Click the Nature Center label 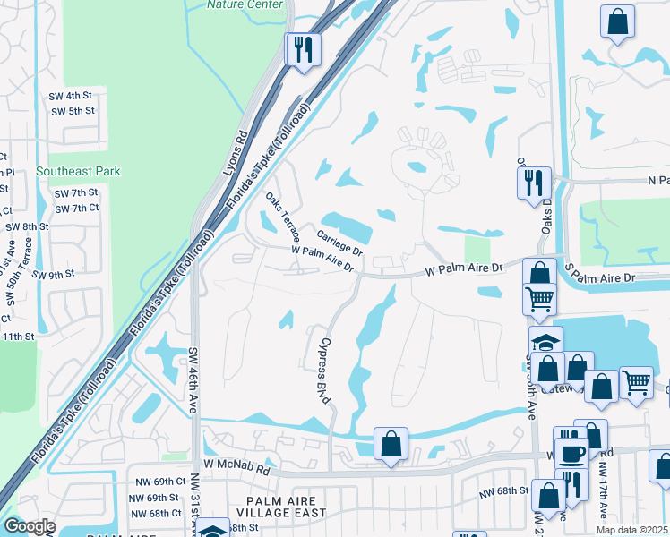245,4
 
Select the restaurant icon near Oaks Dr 536,183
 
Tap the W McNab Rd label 236,466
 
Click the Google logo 29,526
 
